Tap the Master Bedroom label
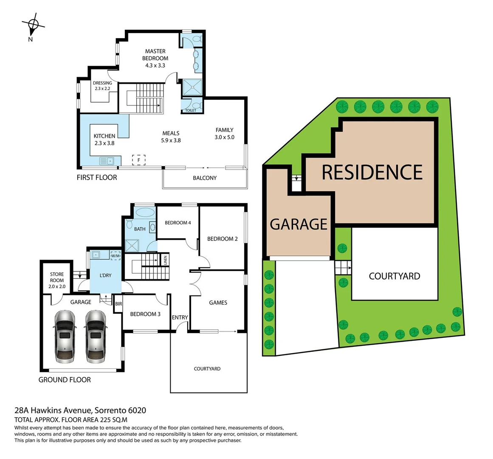click(x=155, y=58)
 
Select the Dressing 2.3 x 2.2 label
click(x=102, y=86)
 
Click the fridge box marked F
click(x=138, y=160)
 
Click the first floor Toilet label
click(x=191, y=110)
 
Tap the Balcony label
click(x=205, y=178)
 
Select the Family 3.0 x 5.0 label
click(x=224, y=133)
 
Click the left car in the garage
click(x=65, y=336)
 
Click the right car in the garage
click(x=96, y=336)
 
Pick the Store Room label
click(x=57, y=280)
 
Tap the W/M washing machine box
click(x=116, y=256)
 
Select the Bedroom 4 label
click(x=177, y=223)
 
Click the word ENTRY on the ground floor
click(x=180, y=317)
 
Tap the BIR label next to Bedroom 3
click(x=118, y=304)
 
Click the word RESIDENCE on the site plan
click(x=372, y=172)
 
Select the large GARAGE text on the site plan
click(x=299, y=224)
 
